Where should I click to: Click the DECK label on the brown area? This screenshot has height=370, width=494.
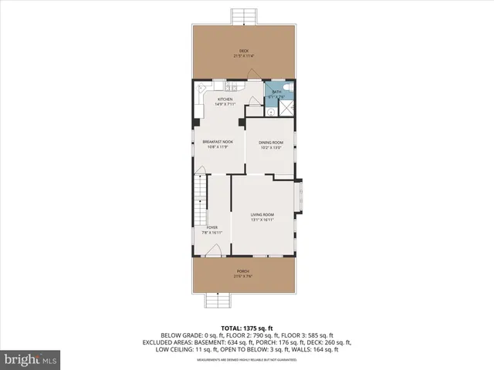[x=244, y=52]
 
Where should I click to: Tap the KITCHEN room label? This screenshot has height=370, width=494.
[x=225, y=99]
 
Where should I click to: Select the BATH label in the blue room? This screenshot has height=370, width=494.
[x=276, y=92]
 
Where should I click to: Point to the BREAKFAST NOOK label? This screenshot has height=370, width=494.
[x=218, y=142]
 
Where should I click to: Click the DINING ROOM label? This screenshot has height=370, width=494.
[x=271, y=143]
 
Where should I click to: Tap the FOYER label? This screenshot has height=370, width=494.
[x=211, y=227]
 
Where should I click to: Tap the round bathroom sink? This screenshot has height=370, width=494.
[x=272, y=111]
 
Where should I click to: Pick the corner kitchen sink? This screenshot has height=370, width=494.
[x=200, y=89]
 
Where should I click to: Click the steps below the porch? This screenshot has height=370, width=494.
[x=215, y=302]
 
